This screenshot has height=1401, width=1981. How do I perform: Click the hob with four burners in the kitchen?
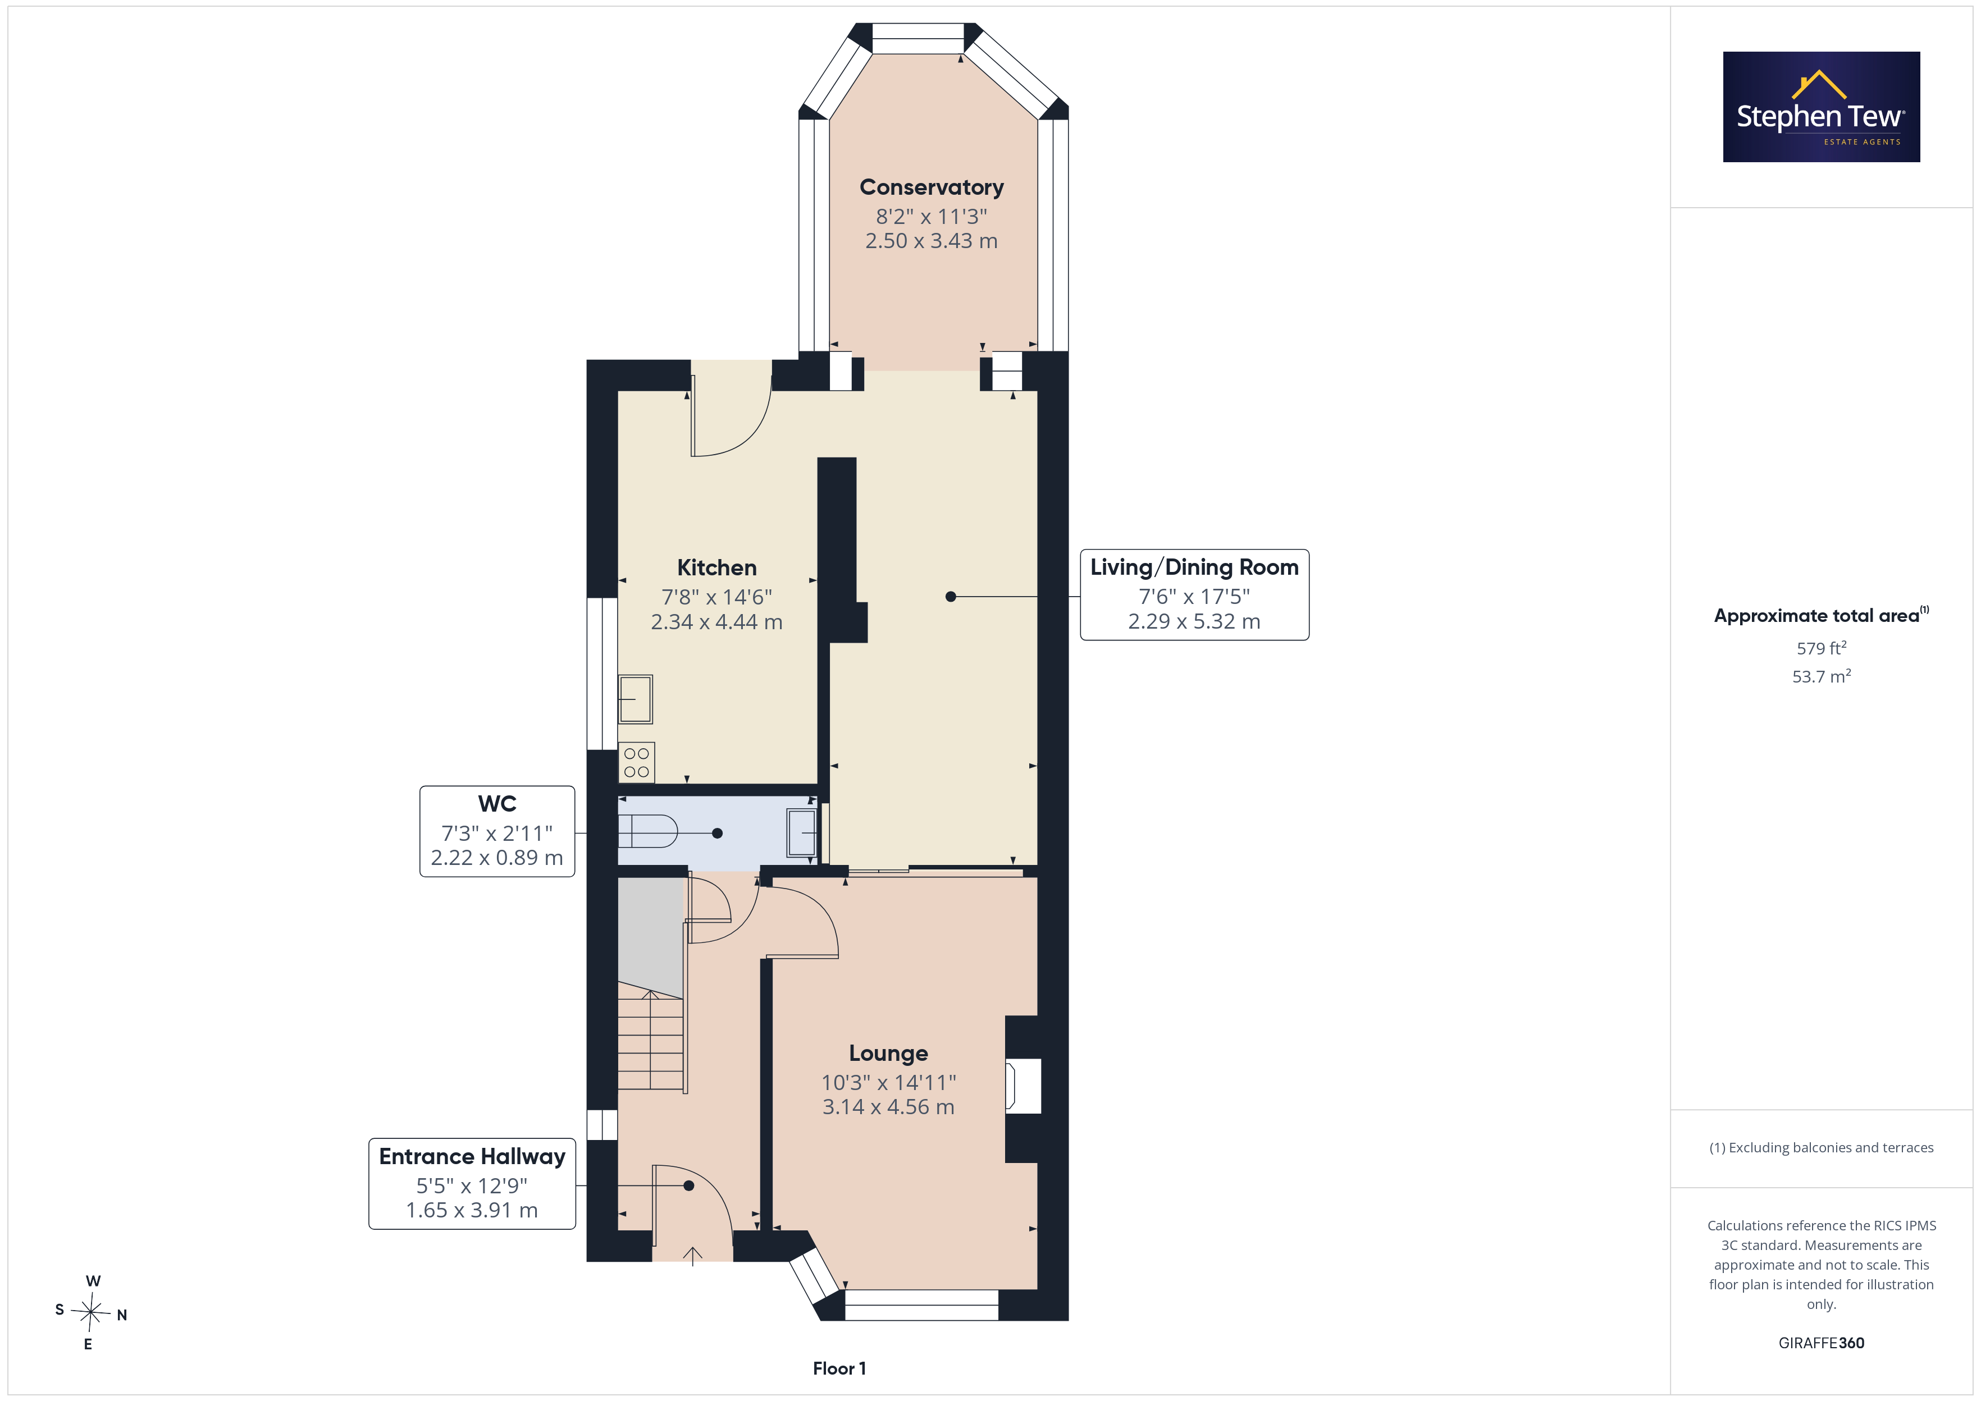(x=637, y=763)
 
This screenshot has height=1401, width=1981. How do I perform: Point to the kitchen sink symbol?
(x=635, y=699)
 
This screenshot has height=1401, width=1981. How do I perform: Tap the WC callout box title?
(x=497, y=804)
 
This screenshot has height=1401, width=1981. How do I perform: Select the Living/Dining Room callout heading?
(x=1194, y=567)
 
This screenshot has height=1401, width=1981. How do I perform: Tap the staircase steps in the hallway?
(x=651, y=1041)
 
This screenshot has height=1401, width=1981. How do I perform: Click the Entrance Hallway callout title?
(x=472, y=1156)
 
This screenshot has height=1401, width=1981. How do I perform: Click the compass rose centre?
(x=90, y=1312)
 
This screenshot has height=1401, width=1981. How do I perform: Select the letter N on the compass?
(x=122, y=1316)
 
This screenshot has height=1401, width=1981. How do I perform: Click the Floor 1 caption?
(x=839, y=1368)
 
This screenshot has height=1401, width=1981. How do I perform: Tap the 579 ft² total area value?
(x=1822, y=648)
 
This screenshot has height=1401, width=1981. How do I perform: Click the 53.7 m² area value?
(x=1822, y=676)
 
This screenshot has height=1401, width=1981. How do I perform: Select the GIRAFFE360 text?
(x=1822, y=1343)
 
